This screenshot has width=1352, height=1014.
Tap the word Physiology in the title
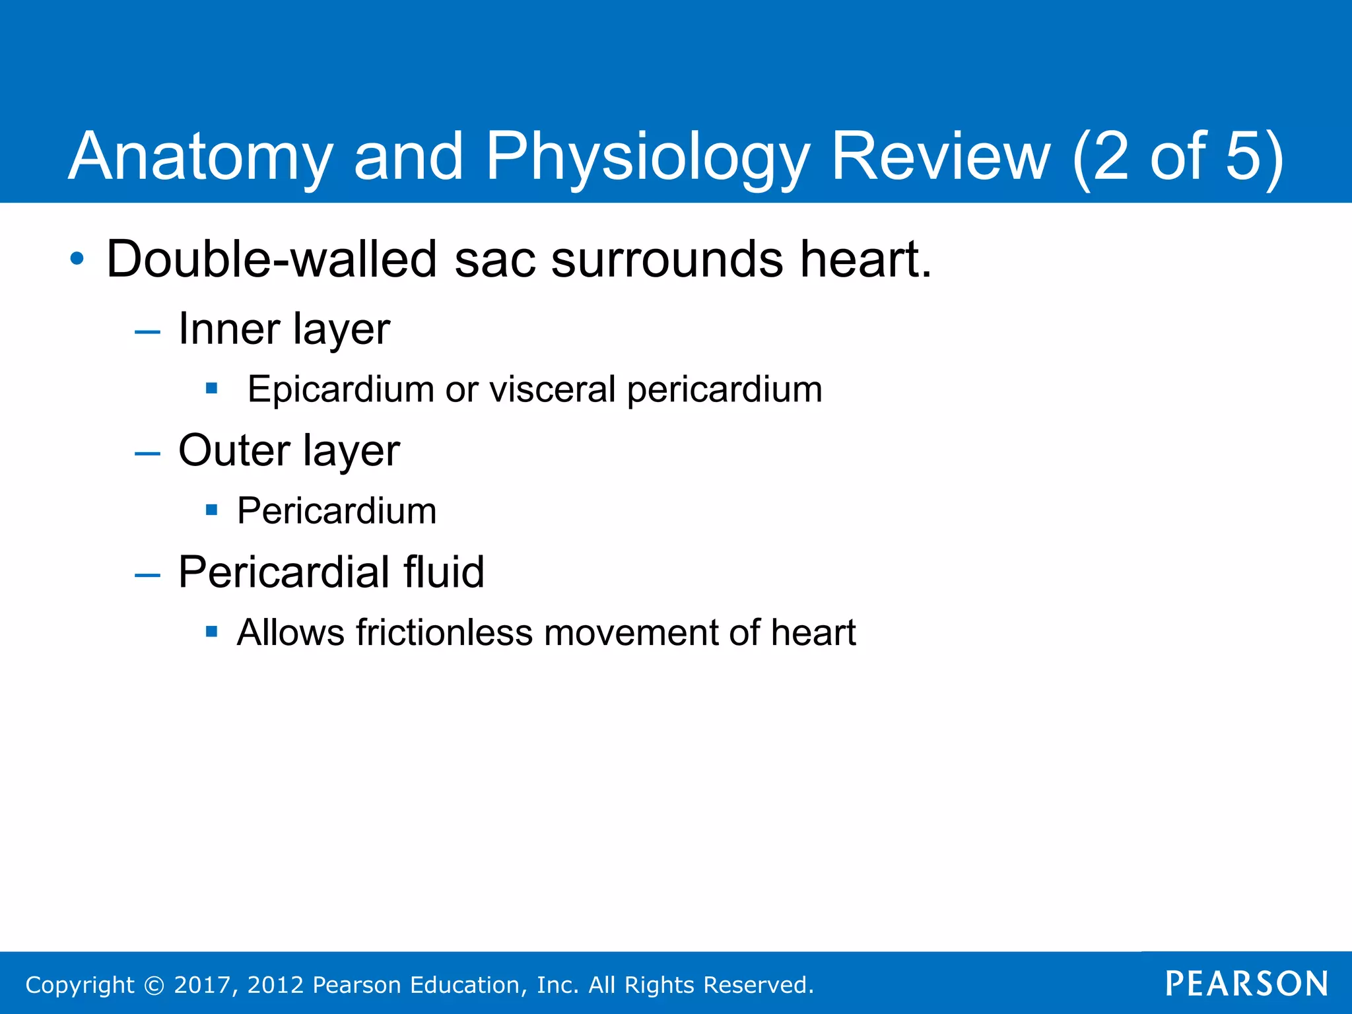coord(647,157)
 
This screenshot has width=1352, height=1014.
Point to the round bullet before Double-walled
coord(77,259)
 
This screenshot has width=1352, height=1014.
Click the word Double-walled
coord(271,259)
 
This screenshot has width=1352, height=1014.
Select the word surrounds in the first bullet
coord(667,259)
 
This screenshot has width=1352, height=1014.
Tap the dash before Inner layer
coord(147,331)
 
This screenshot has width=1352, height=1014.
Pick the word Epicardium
coord(340,389)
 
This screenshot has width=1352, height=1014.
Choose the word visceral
coord(552,389)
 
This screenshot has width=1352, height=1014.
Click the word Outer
coord(234,451)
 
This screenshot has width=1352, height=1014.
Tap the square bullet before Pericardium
coord(211,510)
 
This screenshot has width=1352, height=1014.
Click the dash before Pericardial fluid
coord(147,575)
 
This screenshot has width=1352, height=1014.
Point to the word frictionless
coord(444,632)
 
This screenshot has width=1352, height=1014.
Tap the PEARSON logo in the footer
coord(1246,984)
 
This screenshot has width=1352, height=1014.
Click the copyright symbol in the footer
coord(154,985)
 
